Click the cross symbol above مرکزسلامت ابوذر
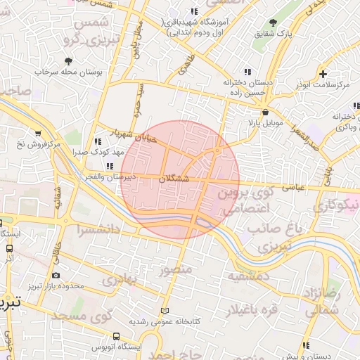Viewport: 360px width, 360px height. (x=323, y=74)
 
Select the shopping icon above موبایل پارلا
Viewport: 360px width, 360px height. (x=264, y=112)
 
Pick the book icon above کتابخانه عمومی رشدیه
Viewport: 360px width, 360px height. (x=165, y=311)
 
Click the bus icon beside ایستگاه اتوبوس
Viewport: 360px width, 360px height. (x=115, y=337)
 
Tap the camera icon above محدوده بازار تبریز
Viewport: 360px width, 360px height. (x=56, y=275)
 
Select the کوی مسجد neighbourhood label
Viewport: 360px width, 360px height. (x=91, y=316)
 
